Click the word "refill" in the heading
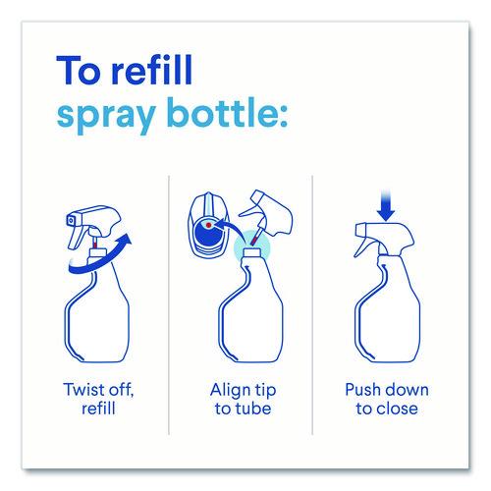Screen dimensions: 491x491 coord(152,70)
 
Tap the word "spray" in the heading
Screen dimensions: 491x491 coord(106,116)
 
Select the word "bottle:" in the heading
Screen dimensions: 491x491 coord(229,112)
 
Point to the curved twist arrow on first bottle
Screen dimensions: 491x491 coord(98,260)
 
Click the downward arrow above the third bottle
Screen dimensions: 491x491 coord(386,205)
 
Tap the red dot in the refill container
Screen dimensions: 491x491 coord(208,225)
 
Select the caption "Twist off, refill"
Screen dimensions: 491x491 coord(98,399)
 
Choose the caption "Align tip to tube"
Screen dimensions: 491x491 coord(244,399)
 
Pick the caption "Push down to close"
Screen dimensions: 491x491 coord(387,399)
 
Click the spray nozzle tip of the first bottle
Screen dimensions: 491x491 coord(71,221)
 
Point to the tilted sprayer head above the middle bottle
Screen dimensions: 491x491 coord(268,213)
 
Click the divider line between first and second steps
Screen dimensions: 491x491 coord(169,305)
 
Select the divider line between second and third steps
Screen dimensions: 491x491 coord(312,305)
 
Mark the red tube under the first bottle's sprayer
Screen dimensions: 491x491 coord(95,244)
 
